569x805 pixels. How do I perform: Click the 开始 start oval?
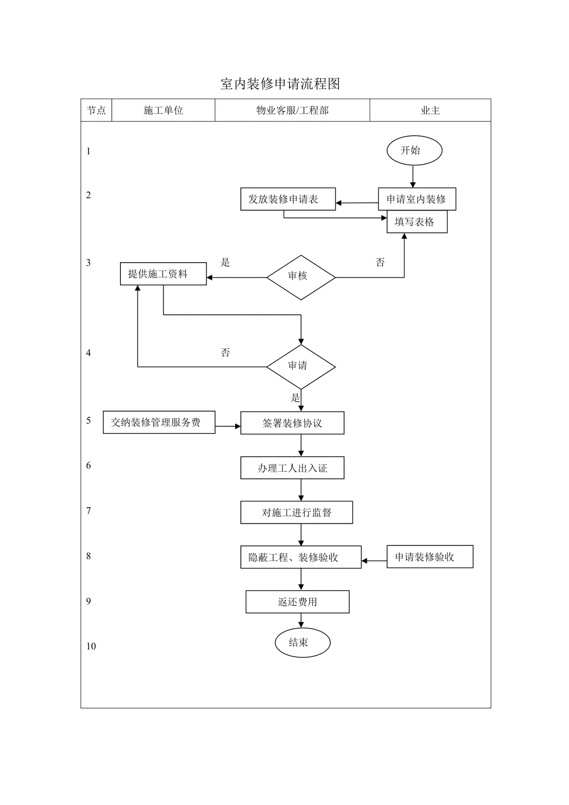414,150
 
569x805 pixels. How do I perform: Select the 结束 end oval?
303,642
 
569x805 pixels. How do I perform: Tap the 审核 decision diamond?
301,277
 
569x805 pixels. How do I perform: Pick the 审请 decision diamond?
301,367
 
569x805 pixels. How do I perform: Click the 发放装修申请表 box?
288,199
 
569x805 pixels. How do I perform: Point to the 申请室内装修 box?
417,199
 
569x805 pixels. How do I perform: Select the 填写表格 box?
417,221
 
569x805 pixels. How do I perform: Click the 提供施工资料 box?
163,274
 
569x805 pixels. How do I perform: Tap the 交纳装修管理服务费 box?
159,422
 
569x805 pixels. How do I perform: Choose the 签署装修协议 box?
292,422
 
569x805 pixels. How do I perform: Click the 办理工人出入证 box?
292,467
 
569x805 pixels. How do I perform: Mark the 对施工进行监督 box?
296,512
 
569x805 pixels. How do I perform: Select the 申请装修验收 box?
430,557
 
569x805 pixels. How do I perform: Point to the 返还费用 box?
297,602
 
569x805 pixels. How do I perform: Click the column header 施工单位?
163,110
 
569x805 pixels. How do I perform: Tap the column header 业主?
430,110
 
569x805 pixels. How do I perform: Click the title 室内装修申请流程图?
280,84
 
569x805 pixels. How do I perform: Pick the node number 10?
91,646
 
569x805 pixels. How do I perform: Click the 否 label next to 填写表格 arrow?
380,262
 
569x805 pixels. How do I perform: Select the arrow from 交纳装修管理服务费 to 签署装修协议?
228,426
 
